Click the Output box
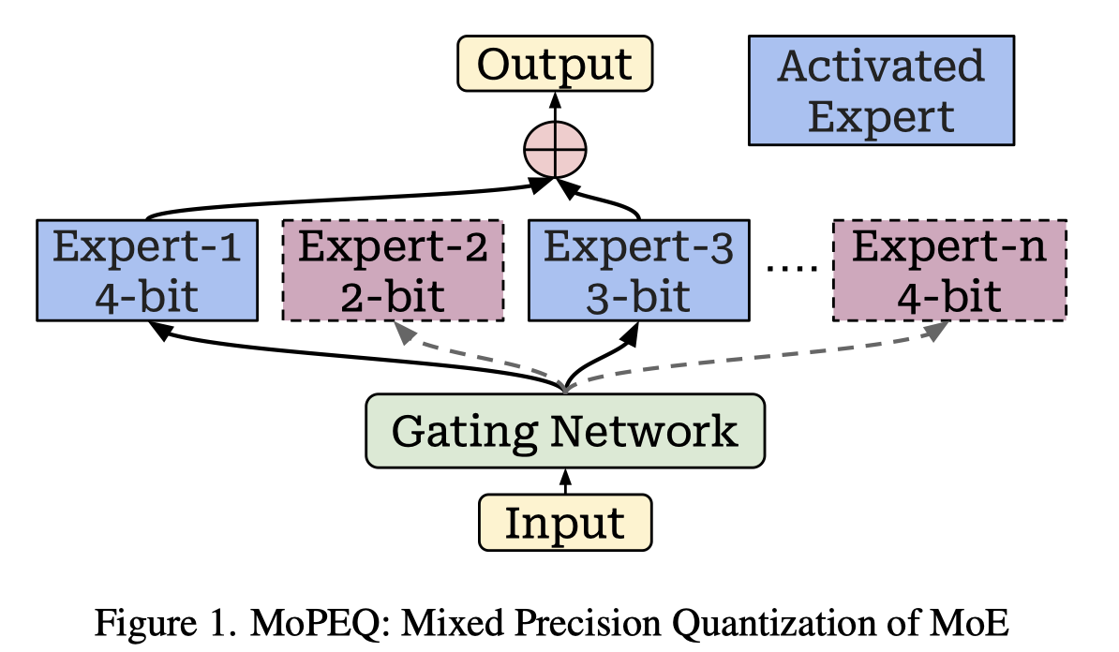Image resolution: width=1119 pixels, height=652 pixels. [x=555, y=65]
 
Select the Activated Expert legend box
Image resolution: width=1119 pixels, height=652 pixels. [x=881, y=91]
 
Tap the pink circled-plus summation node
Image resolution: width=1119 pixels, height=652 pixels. [x=555, y=150]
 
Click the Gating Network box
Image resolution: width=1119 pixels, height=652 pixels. [x=565, y=431]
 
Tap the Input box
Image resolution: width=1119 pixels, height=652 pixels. [x=565, y=523]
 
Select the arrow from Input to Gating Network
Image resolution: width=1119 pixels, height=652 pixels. [x=565, y=481]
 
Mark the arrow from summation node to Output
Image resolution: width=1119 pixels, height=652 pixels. [x=555, y=108]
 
